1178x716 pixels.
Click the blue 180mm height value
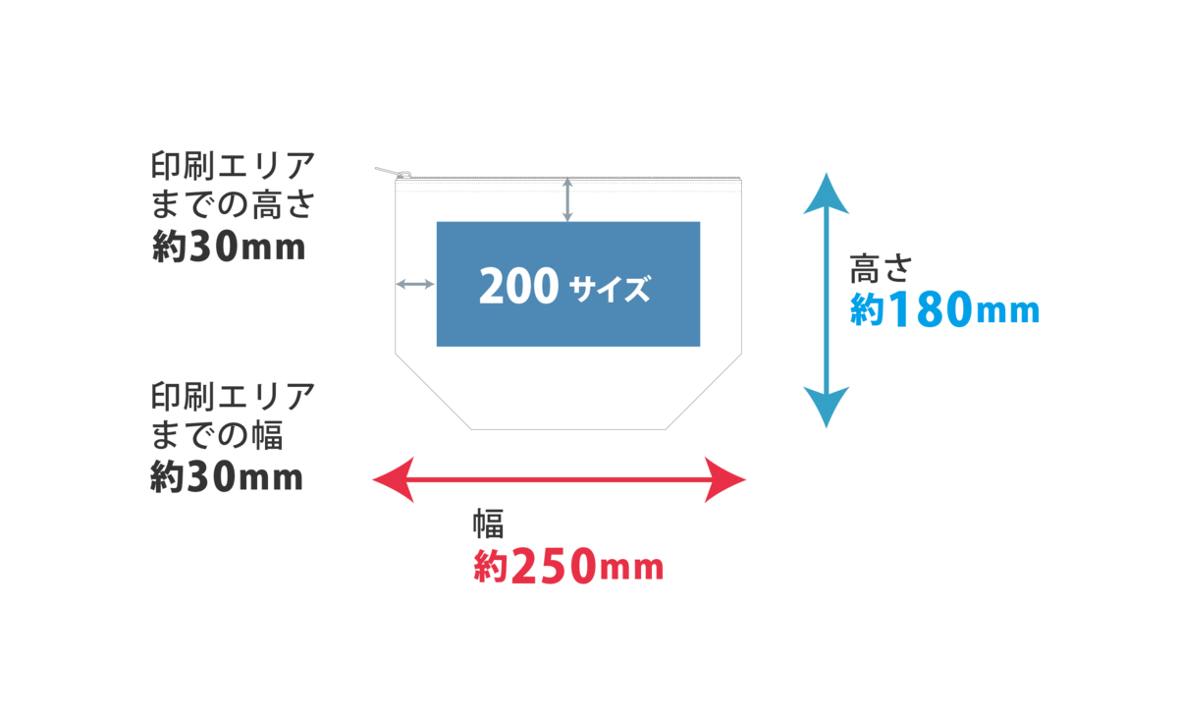(944, 312)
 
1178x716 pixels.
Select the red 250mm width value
(568, 567)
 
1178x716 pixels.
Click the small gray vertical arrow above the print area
(566, 199)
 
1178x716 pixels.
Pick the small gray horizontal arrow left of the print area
(414, 284)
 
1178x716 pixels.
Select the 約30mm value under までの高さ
(229, 248)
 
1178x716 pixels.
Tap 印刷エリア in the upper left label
(234, 164)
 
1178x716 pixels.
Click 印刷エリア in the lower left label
(233, 396)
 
